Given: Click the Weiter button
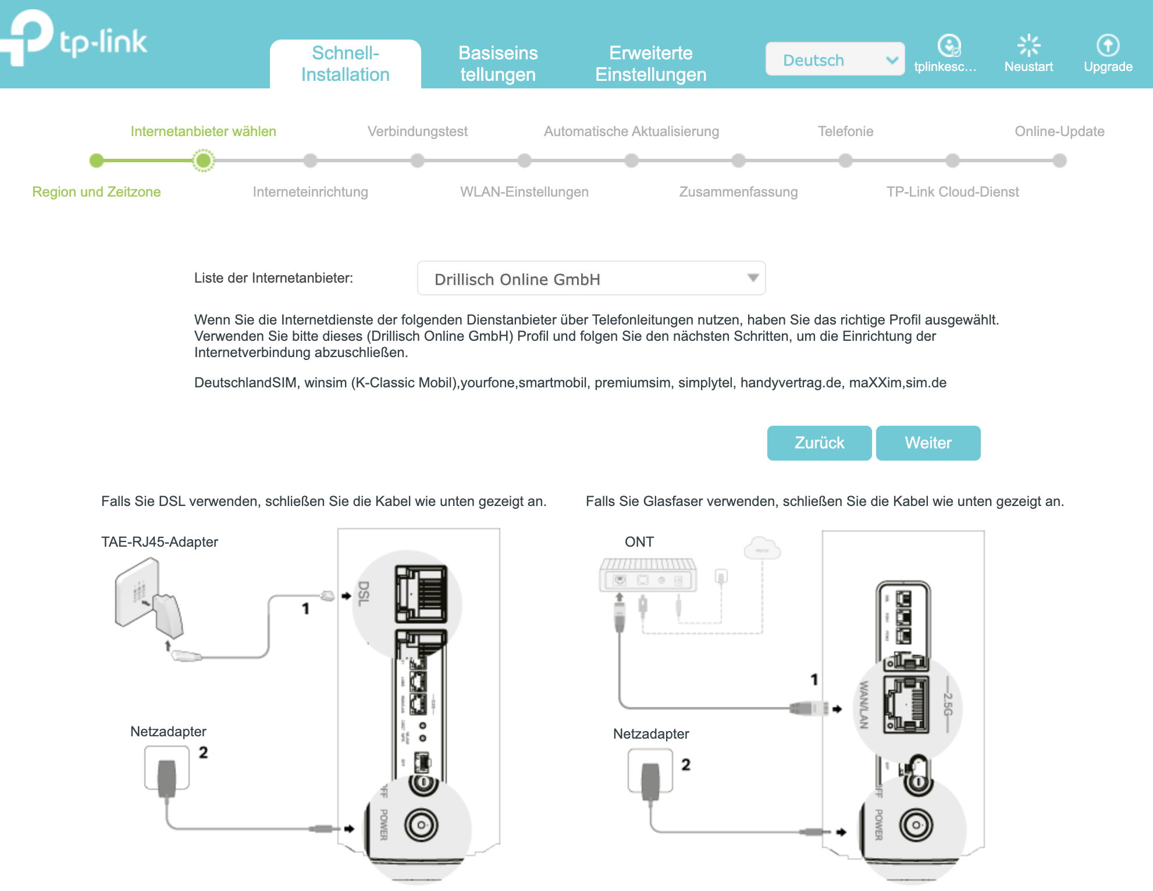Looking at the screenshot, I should coord(928,443).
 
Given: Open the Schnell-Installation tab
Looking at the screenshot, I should coord(345,64).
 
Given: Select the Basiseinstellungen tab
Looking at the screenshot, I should coord(498,64).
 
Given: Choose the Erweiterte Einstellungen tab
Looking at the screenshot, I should coord(650,64).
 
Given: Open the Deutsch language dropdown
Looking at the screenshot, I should coord(835,59).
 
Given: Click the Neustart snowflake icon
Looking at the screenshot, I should coord(1029,45).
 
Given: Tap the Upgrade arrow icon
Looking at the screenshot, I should coord(1108,45).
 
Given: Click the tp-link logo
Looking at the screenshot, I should coord(76,40).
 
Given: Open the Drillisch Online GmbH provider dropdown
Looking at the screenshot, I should coord(591,279).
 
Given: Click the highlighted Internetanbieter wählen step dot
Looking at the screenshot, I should coord(203,161).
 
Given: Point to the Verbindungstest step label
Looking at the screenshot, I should coord(417,131).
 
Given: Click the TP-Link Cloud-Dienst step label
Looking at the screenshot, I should coord(952,192).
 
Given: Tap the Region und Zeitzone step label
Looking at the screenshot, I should coord(97,192).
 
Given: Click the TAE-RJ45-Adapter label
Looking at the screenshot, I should coord(159,542).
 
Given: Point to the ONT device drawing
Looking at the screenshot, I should coord(647,576).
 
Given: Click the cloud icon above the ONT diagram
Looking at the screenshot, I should coord(762,548).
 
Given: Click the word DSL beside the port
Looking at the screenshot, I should coord(364,593).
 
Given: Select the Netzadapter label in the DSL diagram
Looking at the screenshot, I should coord(168,732).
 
